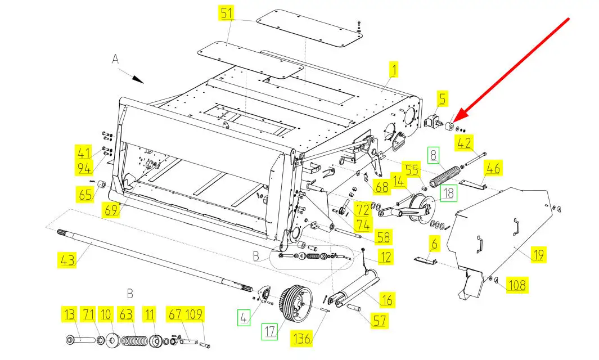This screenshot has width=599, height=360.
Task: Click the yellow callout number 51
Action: tap(227, 13)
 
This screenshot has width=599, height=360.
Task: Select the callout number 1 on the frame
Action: tap(394, 69)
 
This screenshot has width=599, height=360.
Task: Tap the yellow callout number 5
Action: tap(442, 98)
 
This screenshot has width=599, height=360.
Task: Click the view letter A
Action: tap(115, 59)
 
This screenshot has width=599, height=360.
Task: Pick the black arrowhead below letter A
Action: tap(138, 79)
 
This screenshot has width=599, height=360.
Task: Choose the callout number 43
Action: tap(67, 260)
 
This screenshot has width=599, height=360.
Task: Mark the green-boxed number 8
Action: tap(433, 155)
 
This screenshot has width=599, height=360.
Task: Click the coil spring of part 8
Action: tap(445, 177)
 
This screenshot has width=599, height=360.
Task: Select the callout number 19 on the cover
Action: tap(538, 254)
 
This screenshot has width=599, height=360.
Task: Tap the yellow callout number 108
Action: tap(517, 285)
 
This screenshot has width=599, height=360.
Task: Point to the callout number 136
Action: tap(302, 339)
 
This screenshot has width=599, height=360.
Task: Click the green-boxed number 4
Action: tap(244, 317)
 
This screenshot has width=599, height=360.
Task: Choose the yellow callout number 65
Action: tap(85, 193)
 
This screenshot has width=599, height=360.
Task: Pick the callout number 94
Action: tap(84, 168)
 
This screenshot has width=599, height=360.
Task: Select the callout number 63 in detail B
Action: tap(126, 314)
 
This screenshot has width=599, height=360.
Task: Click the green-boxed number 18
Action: tap(448, 193)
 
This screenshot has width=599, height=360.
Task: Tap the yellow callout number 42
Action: tap(464, 143)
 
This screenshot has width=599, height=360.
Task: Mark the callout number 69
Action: tap(111, 209)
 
